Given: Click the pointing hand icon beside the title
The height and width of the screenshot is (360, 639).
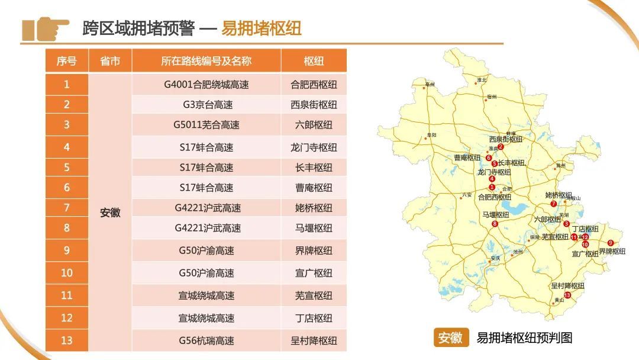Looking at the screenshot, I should tap(45, 29).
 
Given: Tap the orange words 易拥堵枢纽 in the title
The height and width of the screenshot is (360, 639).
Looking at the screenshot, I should tap(261, 28).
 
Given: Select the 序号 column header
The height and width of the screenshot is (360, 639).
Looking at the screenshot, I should tap(67, 61).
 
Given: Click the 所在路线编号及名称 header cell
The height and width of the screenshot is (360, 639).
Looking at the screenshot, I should tap(206, 61).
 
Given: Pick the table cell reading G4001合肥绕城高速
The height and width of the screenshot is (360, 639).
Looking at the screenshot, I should tap(206, 85).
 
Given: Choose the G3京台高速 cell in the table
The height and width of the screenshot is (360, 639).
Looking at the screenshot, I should tap(206, 105).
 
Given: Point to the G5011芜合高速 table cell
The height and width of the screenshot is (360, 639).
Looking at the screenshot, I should tap(206, 125).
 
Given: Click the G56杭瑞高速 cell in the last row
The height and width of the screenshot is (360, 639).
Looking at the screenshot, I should tap(206, 340).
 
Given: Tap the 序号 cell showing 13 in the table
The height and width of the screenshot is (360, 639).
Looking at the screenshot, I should tap(67, 340).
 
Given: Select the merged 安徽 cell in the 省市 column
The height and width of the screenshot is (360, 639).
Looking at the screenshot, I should tap(110, 213).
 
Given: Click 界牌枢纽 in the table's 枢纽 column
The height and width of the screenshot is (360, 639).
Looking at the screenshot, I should tap(314, 250).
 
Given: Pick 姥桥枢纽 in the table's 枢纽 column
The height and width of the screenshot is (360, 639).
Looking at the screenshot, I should tap(314, 208).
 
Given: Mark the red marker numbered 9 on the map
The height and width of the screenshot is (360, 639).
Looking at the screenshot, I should tap(611, 243).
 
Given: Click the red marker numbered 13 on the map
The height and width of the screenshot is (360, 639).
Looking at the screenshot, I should tap(567, 295).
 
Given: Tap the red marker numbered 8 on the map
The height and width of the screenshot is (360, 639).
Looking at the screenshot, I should tap(495, 223).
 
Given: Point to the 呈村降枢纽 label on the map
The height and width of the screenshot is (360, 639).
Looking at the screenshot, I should tap(567, 286).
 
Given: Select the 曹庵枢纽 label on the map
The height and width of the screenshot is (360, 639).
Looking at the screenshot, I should tap(467, 157).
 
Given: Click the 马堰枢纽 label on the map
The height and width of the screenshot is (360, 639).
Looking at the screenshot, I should tap(496, 214).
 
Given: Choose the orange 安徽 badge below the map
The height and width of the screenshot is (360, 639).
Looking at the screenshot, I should tap(451, 337).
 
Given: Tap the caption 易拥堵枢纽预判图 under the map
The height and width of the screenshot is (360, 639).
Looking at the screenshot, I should tap(524, 337).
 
